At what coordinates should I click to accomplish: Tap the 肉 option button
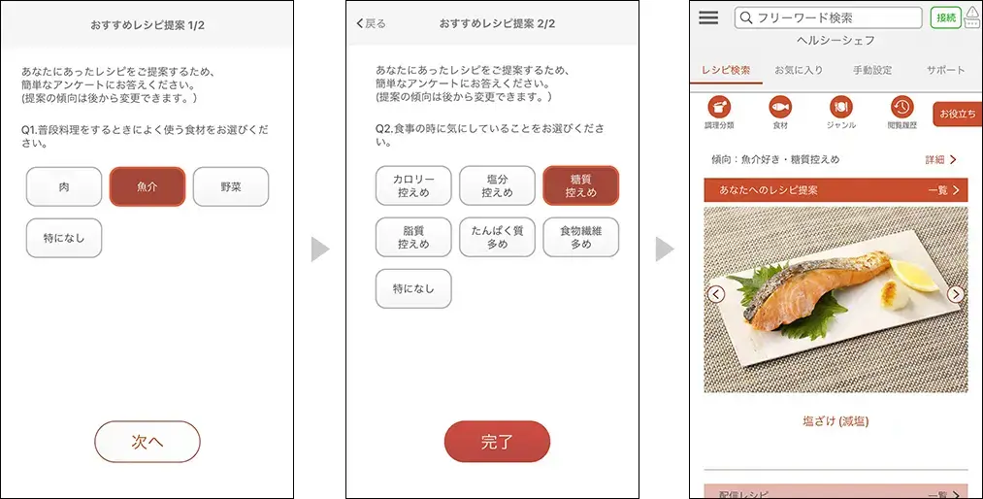click(x=64, y=186)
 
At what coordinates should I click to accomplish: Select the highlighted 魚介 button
click(x=147, y=186)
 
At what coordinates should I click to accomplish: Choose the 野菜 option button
click(x=231, y=186)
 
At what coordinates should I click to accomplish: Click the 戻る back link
click(x=371, y=24)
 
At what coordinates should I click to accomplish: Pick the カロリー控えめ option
click(x=413, y=185)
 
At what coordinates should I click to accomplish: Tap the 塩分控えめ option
click(x=497, y=185)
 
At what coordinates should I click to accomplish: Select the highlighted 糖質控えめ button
click(x=580, y=185)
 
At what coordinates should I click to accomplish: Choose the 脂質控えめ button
click(x=413, y=237)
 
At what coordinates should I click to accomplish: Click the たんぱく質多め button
click(x=497, y=237)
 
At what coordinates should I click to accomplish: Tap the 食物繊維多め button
click(x=580, y=237)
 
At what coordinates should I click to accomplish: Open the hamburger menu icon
click(x=708, y=17)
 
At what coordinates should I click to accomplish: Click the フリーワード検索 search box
click(x=828, y=17)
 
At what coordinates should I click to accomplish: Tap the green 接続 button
click(x=946, y=17)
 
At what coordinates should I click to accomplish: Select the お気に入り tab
click(x=798, y=70)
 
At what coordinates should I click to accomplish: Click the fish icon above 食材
click(x=780, y=107)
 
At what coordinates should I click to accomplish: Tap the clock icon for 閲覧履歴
click(x=902, y=107)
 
